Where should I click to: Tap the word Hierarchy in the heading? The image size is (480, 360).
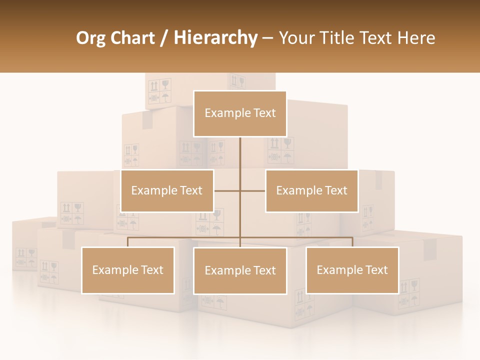pos(215,38)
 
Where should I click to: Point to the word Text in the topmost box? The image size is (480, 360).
pos(264,113)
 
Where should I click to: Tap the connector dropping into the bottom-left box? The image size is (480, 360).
pos(128,242)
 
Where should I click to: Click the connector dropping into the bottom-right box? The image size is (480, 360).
pos(352,242)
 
